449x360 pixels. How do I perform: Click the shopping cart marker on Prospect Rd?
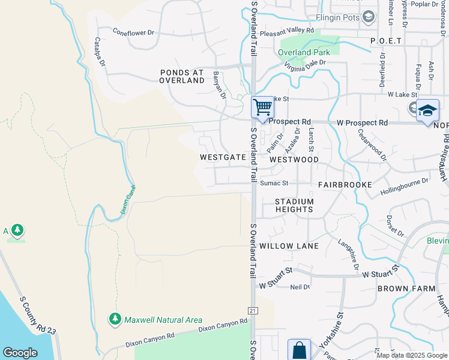pos(262,107)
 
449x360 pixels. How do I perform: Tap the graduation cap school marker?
pos(427,110)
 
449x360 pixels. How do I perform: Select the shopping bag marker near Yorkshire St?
pos(299,350)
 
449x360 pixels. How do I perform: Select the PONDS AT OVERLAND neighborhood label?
pos(182,76)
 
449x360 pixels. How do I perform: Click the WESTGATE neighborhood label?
pos(223,157)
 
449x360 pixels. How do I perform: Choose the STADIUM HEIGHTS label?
pos(294,205)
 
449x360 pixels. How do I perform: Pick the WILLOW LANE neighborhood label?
pos(285,246)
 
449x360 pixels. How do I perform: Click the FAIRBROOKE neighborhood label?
pos(345,185)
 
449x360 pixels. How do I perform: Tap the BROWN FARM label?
pos(406,289)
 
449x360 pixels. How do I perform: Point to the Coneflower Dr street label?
pos(133,33)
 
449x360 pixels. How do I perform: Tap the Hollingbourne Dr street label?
pos(404,187)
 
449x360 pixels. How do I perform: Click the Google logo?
pos(20,353)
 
